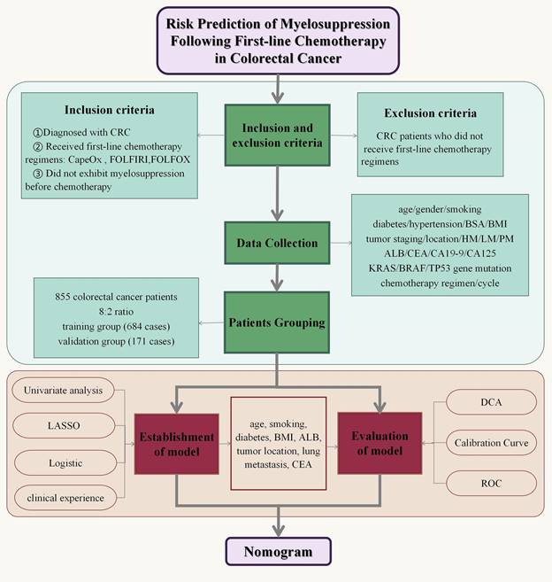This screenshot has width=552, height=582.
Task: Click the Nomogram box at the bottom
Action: click(x=279, y=552)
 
